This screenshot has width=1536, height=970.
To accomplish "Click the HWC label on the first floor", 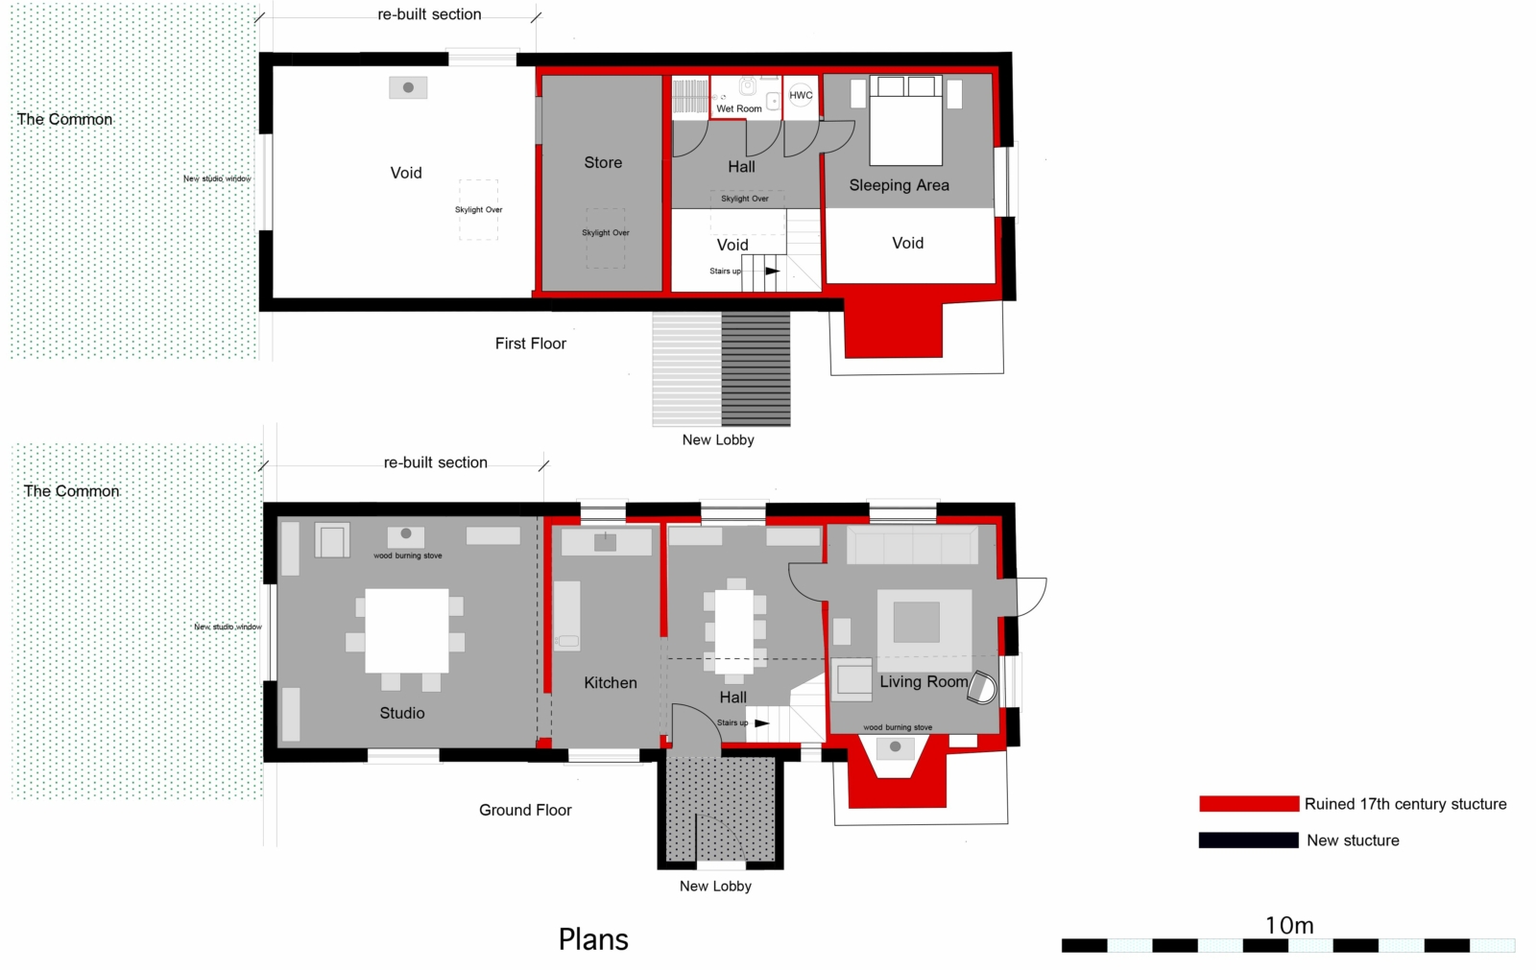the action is [801, 95].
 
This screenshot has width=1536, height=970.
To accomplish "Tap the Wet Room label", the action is [738, 108].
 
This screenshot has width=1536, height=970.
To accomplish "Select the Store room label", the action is [603, 162].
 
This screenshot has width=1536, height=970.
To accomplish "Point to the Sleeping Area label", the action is [899, 185].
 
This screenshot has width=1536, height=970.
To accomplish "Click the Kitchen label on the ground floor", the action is [611, 683].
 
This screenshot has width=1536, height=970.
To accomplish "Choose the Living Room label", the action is [924, 681].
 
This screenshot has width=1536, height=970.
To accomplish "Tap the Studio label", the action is [402, 713].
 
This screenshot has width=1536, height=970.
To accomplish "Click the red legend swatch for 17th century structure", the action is [1249, 803].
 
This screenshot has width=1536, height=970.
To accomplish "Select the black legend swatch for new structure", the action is [1249, 840].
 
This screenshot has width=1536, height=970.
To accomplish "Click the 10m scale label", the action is [1289, 926].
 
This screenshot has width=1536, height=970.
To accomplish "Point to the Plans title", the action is [593, 940].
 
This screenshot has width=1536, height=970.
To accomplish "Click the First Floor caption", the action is [531, 343].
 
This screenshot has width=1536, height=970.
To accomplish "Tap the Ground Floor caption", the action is [525, 811].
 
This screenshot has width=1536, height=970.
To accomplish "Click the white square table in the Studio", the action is [407, 630].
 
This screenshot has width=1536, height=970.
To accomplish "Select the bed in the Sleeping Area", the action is [906, 121].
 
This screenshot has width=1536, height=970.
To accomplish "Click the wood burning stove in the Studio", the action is [406, 535].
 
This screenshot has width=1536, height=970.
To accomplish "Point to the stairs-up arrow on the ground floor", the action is [762, 723].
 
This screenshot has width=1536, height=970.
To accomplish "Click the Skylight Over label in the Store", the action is [606, 232].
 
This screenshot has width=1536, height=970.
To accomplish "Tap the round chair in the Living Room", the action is [982, 688].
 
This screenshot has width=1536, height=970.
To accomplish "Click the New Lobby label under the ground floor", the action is [715, 887].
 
